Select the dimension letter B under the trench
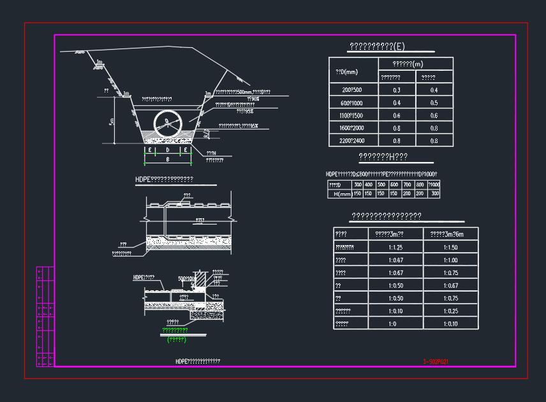click(167, 159)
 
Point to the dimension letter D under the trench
click(167, 150)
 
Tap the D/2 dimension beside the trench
click(206, 133)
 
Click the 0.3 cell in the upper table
click(397, 91)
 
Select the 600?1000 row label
click(353, 103)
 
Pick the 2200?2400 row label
click(353, 141)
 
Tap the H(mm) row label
click(339, 194)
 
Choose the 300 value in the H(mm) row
click(434, 194)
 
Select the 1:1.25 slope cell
click(395, 248)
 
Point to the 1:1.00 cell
click(450, 260)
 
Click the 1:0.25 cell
click(450, 311)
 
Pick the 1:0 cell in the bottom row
click(395, 324)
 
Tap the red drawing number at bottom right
click(436, 362)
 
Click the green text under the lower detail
click(175, 331)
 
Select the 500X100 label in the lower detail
click(187, 279)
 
